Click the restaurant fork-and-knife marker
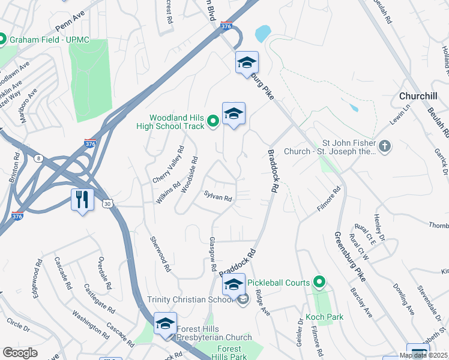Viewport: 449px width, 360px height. (82, 199)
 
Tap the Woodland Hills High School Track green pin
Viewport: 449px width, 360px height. (212, 122)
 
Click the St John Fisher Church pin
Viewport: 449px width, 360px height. (384, 146)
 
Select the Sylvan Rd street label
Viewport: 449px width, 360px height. (217, 196)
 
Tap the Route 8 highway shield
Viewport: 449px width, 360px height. (39, 158)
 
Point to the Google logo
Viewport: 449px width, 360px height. (20, 353)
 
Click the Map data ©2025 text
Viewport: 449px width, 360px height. (423, 355)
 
